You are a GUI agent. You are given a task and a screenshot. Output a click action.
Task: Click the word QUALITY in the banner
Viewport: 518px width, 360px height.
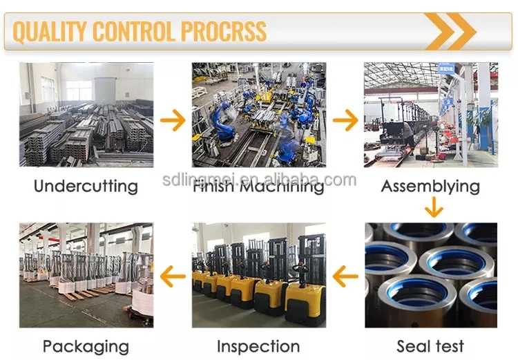[x=50, y=31]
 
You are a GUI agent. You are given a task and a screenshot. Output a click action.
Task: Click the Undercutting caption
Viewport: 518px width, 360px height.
[x=86, y=187]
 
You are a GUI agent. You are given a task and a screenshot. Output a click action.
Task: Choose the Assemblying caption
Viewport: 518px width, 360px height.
[x=430, y=187]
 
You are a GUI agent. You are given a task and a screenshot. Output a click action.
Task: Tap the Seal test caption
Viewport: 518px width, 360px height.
[x=430, y=345]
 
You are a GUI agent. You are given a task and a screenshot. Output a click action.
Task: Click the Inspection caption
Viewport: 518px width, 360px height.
[x=258, y=346]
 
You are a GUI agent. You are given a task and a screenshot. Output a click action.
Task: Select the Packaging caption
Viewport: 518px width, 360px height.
[x=86, y=346]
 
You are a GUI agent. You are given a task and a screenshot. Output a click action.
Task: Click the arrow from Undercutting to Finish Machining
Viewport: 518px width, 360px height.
[x=173, y=120]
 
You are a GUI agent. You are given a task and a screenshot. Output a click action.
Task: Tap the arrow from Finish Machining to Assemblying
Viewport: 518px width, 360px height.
[x=345, y=120]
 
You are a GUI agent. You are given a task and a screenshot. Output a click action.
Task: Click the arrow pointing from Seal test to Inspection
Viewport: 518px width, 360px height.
[x=345, y=277]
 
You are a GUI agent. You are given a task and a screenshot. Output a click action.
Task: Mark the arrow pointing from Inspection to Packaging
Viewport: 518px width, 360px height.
[x=173, y=277]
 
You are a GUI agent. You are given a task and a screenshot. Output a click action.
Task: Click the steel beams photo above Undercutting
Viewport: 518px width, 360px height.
[x=86, y=115]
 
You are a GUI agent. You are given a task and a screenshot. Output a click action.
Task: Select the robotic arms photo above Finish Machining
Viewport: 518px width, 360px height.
[x=259, y=115]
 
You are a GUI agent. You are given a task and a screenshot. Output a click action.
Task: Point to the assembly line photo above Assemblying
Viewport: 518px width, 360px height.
[x=431, y=115]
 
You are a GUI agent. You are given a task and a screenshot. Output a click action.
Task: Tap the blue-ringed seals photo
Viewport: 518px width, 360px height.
[x=431, y=274]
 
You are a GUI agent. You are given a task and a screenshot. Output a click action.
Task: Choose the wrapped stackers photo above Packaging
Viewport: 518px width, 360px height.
[x=86, y=274]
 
